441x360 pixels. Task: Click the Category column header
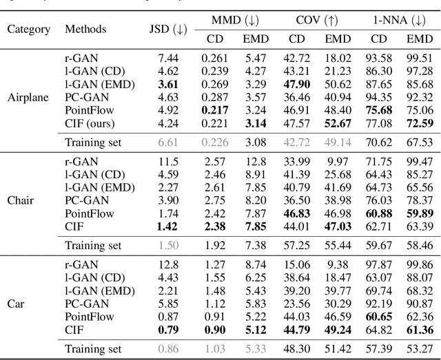click(x=29, y=29)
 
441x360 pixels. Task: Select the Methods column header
click(x=85, y=29)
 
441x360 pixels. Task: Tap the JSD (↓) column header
click(x=168, y=29)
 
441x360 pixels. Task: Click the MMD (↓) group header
click(x=229, y=20)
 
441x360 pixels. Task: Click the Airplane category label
click(x=28, y=96)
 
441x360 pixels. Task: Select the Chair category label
click(x=21, y=201)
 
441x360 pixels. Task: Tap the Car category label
click(x=17, y=304)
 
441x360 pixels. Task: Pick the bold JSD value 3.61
click(x=168, y=84)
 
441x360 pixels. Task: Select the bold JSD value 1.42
click(x=168, y=226)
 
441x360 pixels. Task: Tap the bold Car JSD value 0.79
click(x=168, y=329)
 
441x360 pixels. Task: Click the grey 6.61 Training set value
click(x=168, y=142)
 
